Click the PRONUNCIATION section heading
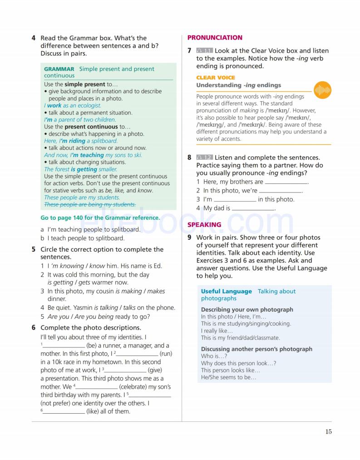pyautogui.click(x=215, y=38)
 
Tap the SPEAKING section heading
pyautogui.click(x=204, y=225)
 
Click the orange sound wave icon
pyautogui.click(x=322, y=90)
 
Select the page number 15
pyautogui.click(x=328, y=432)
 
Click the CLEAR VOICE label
pyautogui.click(x=216, y=78)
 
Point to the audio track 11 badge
pyautogui.click(x=204, y=51)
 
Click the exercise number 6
pyautogui.click(x=34, y=327)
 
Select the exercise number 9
pyautogui.click(x=189, y=237)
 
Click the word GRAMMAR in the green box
pyautogui.click(x=59, y=69)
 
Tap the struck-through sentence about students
pyautogui.click(x=90, y=204)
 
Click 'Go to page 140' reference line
pyautogui.click(x=100, y=218)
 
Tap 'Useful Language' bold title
pyautogui.click(x=226, y=292)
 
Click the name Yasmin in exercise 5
pyautogui.click(x=82, y=308)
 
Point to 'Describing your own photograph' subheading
pyautogui.click(x=247, y=310)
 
